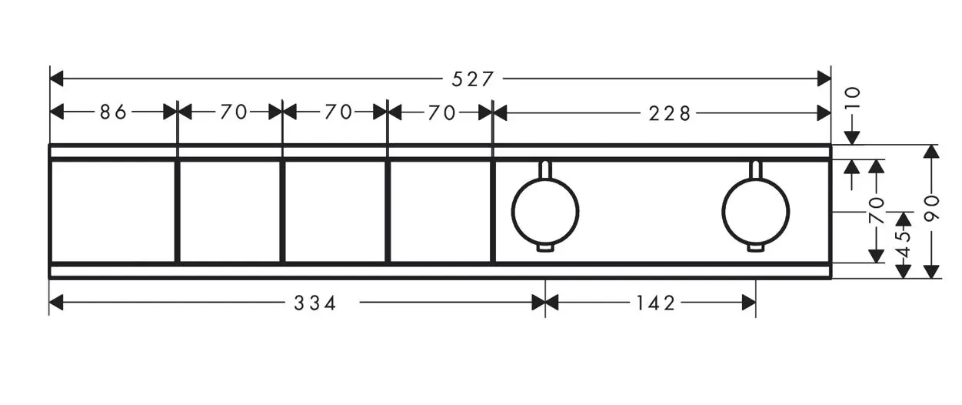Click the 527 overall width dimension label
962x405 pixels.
pyautogui.click(x=472, y=79)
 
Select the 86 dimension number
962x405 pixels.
pyautogui.click(x=113, y=112)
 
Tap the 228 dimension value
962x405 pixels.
pyautogui.click(x=669, y=114)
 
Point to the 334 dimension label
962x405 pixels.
pyautogui.click(x=315, y=303)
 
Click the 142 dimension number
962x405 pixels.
pyautogui.click(x=655, y=303)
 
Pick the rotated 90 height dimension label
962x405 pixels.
pyautogui.click(x=931, y=208)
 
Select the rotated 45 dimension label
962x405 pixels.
pyautogui.click(x=904, y=244)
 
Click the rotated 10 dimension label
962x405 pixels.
pyautogui.click(x=853, y=98)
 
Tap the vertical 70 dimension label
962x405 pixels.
pyautogui.click(x=877, y=211)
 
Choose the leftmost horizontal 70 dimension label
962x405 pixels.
pyautogui.click(x=234, y=112)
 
